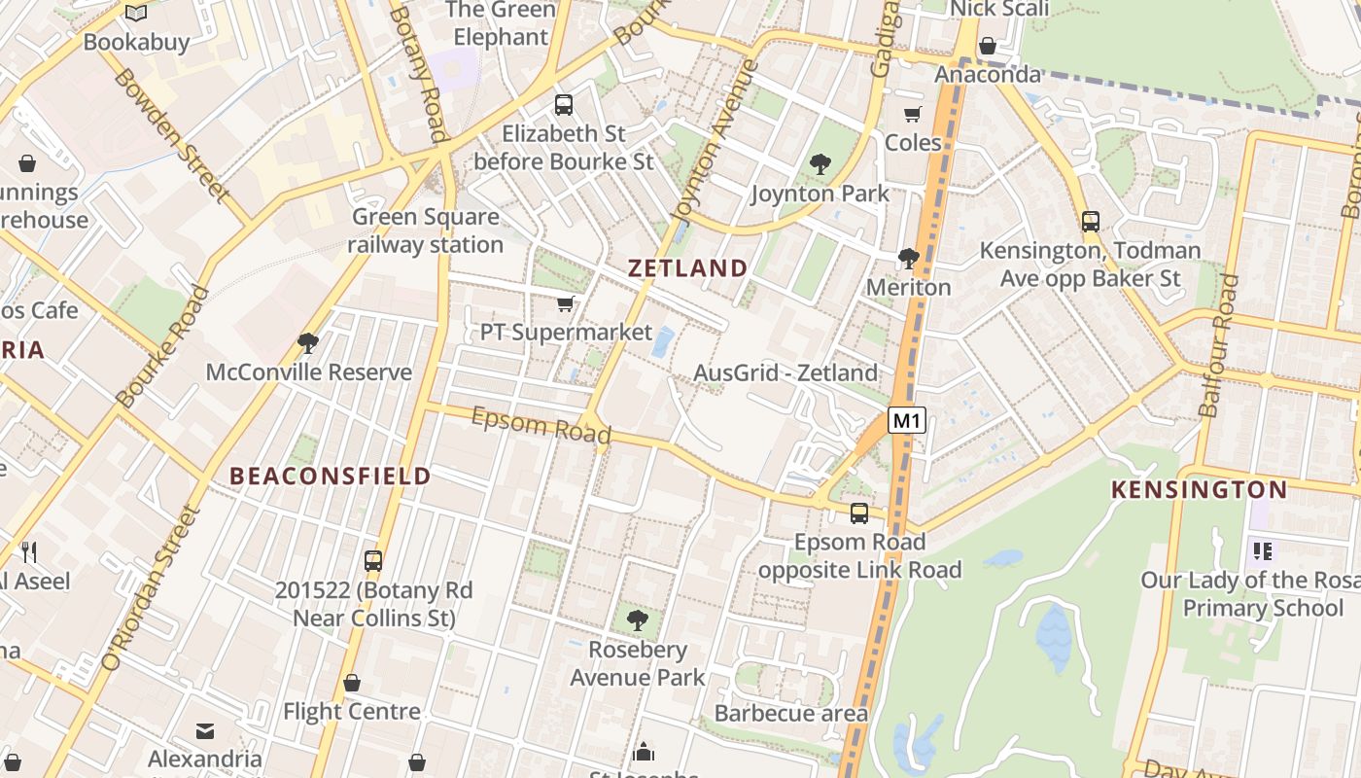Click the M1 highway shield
click(906, 421)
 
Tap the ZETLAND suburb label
click(688, 268)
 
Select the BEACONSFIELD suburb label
click(331, 476)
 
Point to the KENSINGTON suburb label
click(1199, 489)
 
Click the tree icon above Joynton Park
click(820, 164)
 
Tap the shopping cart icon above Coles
click(912, 115)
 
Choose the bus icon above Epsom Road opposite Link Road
click(859, 513)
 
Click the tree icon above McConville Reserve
click(308, 342)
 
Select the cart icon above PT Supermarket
click(565, 304)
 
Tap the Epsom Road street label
click(541, 424)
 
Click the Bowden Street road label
click(171, 135)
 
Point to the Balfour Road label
click(1218, 345)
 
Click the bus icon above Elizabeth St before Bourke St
click(564, 104)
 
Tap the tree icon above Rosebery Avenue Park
click(638, 619)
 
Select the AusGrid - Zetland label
click(785, 372)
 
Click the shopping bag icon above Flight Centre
click(352, 683)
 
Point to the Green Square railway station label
click(426, 230)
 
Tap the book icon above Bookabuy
click(136, 14)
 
